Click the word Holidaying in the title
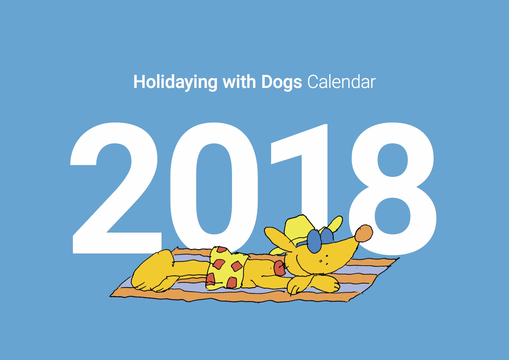click(175, 82)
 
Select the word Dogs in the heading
click(281, 82)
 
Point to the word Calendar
click(341, 82)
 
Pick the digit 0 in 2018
click(214, 189)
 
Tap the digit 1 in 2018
click(302, 174)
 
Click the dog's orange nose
click(364, 233)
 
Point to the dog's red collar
click(280, 268)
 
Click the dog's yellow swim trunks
click(226, 269)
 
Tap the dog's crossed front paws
click(314, 283)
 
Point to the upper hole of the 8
click(393, 160)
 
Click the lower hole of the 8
click(393, 216)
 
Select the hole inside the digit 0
click(214, 189)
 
